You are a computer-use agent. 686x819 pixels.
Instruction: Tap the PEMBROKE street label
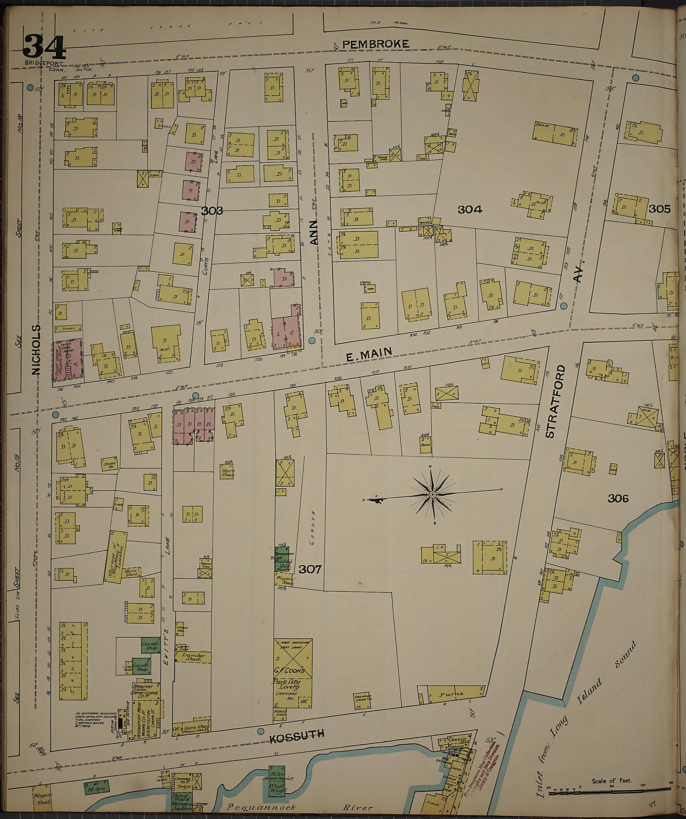point(376,44)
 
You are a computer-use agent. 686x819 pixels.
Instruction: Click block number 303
point(212,211)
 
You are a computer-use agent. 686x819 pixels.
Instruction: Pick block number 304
point(470,210)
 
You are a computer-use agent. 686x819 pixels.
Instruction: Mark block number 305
point(660,209)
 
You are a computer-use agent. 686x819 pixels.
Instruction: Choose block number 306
point(618,498)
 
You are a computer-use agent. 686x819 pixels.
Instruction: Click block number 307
point(310,570)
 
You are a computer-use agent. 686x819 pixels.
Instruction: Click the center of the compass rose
point(432,495)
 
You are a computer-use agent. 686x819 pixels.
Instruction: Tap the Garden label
point(313,522)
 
